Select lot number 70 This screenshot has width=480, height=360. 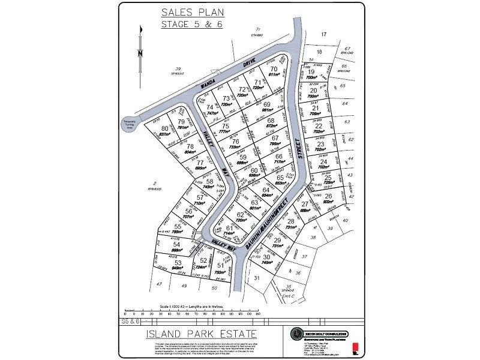pyautogui.click(x=274, y=69)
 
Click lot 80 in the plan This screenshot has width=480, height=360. pyautogui.click(x=165, y=128)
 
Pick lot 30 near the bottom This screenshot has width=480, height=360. pyautogui.click(x=267, y=257)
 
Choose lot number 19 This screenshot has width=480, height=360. pyautogui.click(x=311, y=71)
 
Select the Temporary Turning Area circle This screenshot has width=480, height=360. pyautogui.click(x=130, y=123)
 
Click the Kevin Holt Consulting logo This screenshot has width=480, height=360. pyautogui.click(x=296, y=334)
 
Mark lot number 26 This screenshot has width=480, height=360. pyautogui.click(x=328, y=196)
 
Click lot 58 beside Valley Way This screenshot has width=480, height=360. pyautogui.click(x=209, y=181)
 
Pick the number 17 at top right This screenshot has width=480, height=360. pyautogui.click(x=323, y=35)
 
